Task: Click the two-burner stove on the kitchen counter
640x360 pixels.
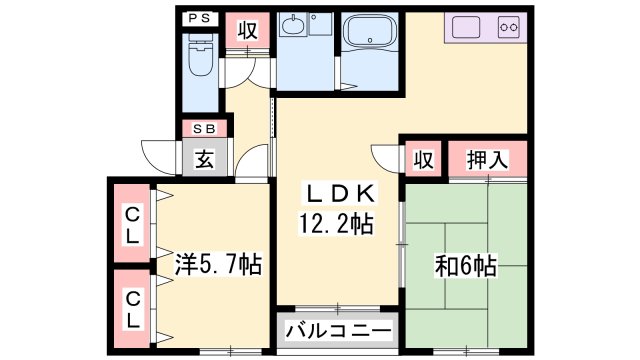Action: click(x=508, y=27)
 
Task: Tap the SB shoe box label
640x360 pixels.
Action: click(x=204, y=128)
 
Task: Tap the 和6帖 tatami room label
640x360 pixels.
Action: click(x=466, y=266)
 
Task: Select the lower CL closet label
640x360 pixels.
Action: click(x=131, y=308)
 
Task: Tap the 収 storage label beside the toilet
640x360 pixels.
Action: click(x=247, y=30)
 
